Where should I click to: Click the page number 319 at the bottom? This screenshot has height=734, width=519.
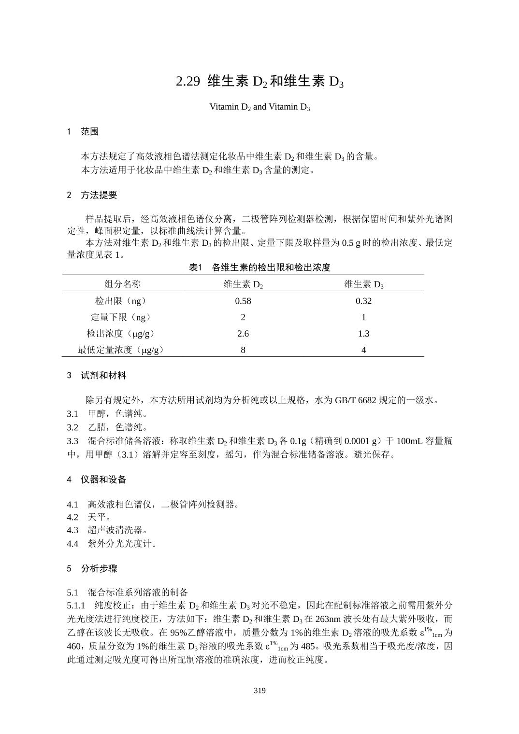click(x=259, y=690)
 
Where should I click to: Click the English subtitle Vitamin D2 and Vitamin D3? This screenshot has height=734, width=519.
click(x=259, y=107)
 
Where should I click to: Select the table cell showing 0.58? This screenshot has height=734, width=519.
click(x=243, y=301)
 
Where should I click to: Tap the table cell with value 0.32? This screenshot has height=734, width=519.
click(x=363, y=301)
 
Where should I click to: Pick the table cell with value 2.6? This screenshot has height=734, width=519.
click(x=243, y=333)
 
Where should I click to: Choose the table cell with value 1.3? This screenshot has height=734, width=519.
click(x=363, y=333)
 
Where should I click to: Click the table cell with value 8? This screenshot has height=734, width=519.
click(x=243, y=350)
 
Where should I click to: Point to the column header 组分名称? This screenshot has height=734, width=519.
click(x=122, y=284)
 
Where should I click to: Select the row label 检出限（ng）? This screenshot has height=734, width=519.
click(x=121, y=301)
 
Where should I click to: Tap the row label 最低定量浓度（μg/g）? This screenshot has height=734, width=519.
click(x=121, y=350)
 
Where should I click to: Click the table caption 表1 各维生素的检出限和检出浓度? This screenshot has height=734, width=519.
click(x=259, y=267)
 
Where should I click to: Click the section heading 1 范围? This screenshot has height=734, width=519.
click(x=83, y=131)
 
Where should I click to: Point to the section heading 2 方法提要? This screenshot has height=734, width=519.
click(x=92, y=195)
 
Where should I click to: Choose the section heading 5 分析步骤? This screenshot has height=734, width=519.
click(x=92, y=568)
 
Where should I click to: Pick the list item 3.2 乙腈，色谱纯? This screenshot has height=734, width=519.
click(x=107, y=427)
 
